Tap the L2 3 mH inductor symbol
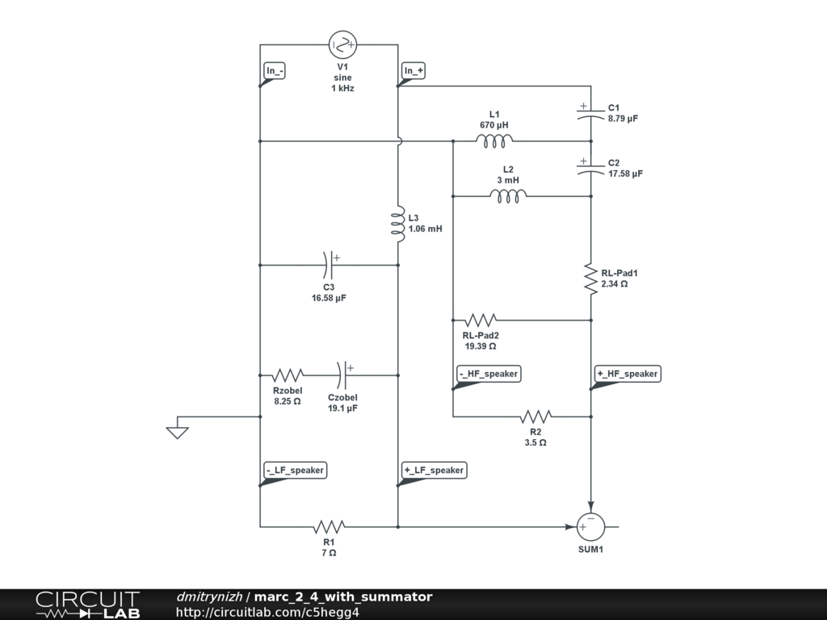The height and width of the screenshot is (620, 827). (x=508, y=195)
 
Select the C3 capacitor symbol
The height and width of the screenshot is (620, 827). (x=330, y=264)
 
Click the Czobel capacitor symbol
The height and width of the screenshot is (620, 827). (x=342, y=375)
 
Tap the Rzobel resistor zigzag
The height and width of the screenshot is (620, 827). (x=288, y=375)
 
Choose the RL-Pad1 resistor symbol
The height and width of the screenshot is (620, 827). (x=591, y=279)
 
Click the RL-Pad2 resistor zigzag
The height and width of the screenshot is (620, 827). (x=480, y=320)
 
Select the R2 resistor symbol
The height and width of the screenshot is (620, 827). (x=535, y=417)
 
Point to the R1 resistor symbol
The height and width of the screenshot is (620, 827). (x=329, y=526)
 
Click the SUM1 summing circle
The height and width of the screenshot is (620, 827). (x=590, y=526)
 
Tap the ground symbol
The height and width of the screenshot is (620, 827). (x=178, y=431)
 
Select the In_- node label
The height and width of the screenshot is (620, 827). (x=275, y=71)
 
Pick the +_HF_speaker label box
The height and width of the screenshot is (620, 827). (x=628, y=374)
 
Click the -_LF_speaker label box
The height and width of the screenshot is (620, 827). (x=295, y=471)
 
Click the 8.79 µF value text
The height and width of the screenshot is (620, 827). (x=623, y=119)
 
